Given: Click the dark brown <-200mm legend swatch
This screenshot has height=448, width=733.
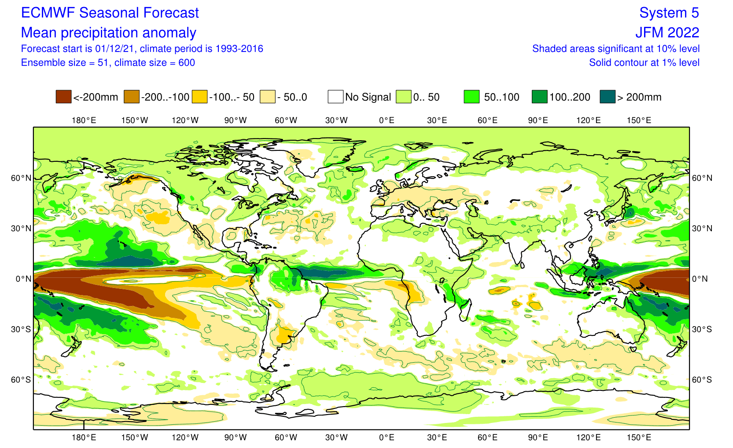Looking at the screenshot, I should [x=63, y=97].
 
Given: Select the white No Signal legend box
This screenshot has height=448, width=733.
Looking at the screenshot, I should [x=335, y=97].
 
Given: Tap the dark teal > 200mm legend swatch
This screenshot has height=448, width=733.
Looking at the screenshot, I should [x=608, y=97].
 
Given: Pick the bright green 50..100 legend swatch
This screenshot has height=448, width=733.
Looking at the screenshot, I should [x=471, y=97].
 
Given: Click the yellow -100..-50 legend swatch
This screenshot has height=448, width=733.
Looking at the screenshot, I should [x=199, y=97].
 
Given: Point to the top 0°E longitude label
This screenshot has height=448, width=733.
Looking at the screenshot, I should [x=387, y=120].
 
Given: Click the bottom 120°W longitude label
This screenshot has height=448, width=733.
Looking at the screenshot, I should [x=185, y=437].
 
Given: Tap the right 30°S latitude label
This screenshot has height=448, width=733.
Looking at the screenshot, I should [x=702, y=329].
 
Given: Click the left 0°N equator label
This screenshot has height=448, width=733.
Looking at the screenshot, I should [x=23, y=279].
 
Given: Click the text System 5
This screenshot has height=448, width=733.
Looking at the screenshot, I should [x=669, y=13].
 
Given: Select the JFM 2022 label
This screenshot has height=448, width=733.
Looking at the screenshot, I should [x=667, y=33].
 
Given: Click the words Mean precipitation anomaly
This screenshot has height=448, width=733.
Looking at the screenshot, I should [x=108, y=33].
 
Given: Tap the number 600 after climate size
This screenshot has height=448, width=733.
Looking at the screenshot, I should [x=187, y=62].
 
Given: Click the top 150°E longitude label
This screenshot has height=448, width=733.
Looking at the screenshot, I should [x=639, y=120].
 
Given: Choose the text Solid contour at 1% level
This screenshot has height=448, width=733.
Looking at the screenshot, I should [x=644, y=62].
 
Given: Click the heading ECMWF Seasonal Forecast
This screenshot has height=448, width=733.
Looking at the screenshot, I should [x=110, y=13].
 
